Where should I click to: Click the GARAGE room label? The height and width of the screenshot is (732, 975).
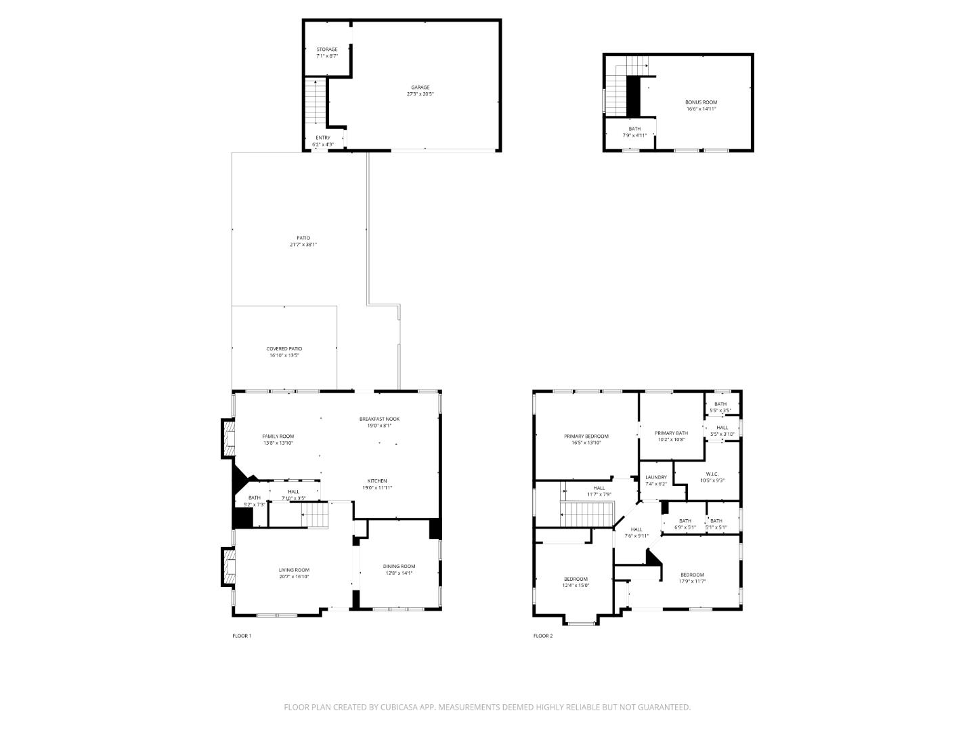pos(420,87)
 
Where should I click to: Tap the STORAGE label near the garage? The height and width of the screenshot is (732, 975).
pos(326,49)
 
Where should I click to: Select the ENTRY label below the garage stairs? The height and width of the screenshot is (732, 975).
pos(323,138)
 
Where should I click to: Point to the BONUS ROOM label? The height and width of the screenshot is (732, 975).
pos(701,102)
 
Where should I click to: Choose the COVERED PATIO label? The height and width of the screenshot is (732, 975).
pos(284,349)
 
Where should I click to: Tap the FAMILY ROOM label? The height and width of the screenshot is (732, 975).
pos(278,436)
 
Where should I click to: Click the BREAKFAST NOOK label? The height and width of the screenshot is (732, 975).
pos(379,419)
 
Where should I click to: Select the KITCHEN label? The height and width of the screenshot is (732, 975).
pos(377,481)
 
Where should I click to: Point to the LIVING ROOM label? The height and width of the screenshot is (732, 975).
pos(294,570)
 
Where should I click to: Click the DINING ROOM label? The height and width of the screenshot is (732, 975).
pos(399,566)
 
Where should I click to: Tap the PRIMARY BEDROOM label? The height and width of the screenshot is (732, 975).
pos(586,436)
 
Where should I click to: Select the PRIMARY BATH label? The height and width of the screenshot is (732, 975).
pos(671,433)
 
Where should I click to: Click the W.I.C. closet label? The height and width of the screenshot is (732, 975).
pos(715,474)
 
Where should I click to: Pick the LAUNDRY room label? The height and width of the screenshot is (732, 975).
pos(656,477)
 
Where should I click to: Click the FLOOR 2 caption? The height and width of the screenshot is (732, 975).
pos(543,636)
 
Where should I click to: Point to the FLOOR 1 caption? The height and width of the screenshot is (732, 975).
pos(242,636)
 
